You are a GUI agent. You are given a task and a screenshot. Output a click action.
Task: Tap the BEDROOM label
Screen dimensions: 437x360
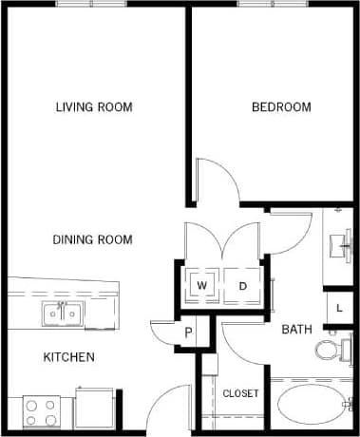coord(280,106)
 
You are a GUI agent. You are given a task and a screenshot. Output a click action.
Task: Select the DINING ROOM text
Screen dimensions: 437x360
coord(92,239)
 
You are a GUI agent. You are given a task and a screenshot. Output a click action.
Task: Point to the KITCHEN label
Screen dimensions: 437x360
coord(68,357)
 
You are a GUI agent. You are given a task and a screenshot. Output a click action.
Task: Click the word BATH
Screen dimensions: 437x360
coord(296,330)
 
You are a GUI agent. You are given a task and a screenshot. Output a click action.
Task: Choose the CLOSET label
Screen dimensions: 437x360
coord(240,392)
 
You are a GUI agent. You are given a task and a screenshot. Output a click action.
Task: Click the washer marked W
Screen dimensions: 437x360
coord(202,285)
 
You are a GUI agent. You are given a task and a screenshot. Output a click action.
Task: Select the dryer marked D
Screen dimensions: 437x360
coord(242,285)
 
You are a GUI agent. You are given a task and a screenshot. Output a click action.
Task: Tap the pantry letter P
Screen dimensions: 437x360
coord(189,332)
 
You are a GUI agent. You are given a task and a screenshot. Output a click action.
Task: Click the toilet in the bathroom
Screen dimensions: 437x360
coord(330,350)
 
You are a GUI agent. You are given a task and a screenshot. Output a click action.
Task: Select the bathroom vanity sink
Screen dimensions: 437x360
coord(339,246)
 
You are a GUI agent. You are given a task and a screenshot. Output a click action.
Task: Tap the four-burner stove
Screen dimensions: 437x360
coord(41,411)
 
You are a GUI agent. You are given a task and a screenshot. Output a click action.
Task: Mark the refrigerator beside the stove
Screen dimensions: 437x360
coord(95,408)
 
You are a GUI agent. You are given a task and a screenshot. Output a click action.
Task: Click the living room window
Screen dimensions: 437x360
coord(92,5)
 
